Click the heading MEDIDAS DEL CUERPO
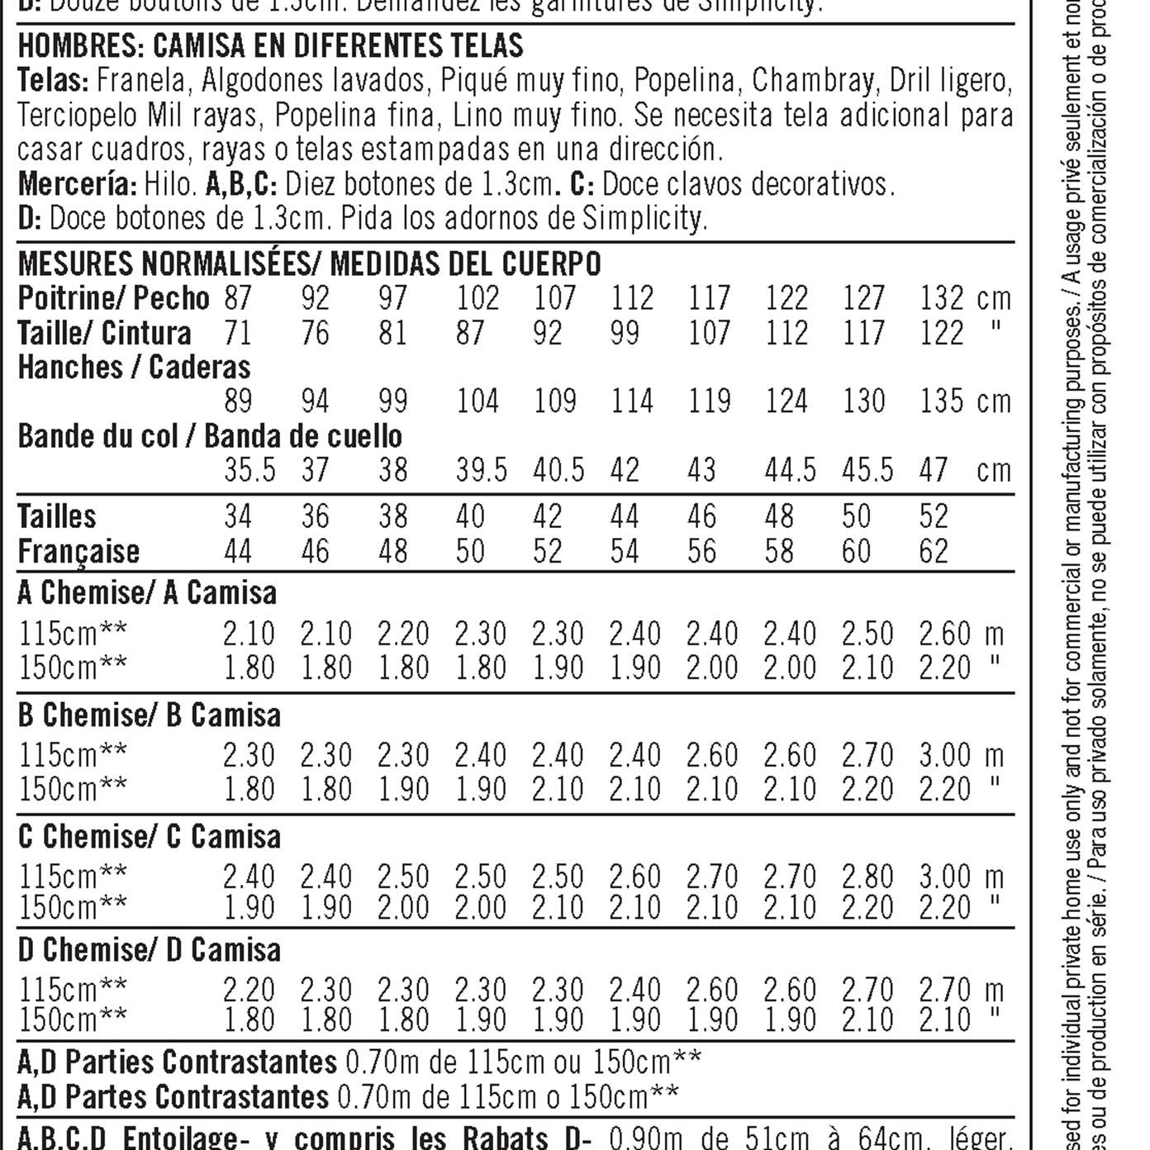(465, 264)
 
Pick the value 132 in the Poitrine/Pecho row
(942, 298)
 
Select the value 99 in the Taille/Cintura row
(625, 333)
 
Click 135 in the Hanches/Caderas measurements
(942, 402)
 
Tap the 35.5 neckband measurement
(249, 470)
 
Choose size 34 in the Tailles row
(238, 517)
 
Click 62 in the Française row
(934, 551)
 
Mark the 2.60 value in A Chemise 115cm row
(944, 634)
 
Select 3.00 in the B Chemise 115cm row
(944, 755)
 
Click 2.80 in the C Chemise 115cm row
(867, 876)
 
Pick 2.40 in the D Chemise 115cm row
(634, 990)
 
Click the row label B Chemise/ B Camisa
(149, 715)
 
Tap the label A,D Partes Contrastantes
(173, 1097)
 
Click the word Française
(78, 551)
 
